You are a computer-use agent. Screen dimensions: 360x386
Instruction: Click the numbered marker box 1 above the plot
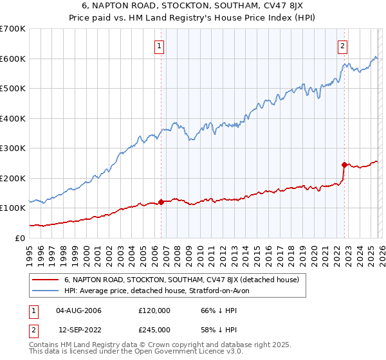coord(158,46)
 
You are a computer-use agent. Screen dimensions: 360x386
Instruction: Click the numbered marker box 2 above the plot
coord(343,46)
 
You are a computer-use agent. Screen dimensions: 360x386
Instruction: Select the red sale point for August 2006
coord(161,202)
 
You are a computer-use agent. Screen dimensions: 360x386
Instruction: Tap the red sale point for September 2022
coord(345,165)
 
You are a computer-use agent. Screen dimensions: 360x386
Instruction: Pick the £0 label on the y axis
coord(21,238)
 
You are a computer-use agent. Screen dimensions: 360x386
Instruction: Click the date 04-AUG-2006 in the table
coord(79,310)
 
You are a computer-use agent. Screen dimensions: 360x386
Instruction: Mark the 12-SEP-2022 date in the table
coord(79,330)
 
